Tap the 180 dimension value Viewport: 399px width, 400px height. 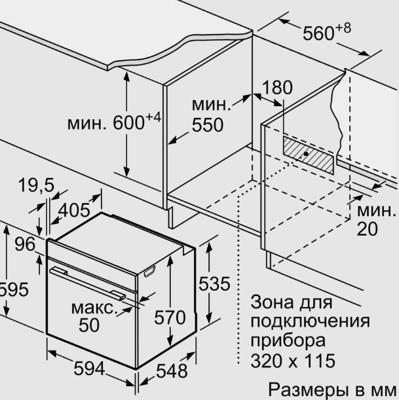tap(277, 88)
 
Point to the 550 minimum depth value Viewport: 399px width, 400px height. tap(208, 125)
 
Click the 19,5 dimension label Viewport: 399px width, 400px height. tap(36, 185)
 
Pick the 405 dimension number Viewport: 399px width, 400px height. tap(74, 210)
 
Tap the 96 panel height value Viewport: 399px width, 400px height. tap(25, 244)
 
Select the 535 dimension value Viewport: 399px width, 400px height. tap(214, 283)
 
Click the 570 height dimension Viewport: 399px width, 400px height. tap(170, 318)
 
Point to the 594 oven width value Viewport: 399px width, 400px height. tap(89, 369)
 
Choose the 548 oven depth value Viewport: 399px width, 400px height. tap(172, 371)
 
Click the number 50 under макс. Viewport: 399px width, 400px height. tap(89, 325)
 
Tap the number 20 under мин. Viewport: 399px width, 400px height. tap(367, 229)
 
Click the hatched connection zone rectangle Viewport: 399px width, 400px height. tap(308, 155)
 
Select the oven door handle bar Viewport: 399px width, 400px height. tap(88, 283)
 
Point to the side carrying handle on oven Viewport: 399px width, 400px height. tap(150, 271)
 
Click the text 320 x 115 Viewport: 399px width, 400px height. tap(293, 361)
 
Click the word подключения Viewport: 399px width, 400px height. tap(310, 321)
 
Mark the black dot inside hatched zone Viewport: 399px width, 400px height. tap(306, 154)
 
